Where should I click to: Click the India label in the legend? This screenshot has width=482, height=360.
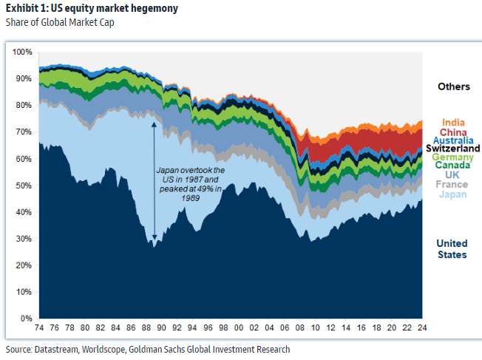tap(452, 123)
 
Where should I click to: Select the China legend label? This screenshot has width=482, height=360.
tap(452, 132)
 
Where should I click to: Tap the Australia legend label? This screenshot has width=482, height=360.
tap(452, 140)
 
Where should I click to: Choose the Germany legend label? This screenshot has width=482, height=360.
tap(452, 157)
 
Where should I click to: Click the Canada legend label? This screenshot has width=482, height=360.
tap(452, 166)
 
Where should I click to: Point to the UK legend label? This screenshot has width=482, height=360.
tap(452, 174)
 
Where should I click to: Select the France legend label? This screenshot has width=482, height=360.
tap(452, 184)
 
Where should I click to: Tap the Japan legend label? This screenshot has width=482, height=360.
tap(452, 194)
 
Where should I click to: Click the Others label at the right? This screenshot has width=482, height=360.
tap(453, 86)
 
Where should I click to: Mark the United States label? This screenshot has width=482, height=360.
tap(452, 249)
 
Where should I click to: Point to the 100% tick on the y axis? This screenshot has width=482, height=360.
tap(22, 52)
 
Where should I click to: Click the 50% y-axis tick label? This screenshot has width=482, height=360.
tap(24, 186)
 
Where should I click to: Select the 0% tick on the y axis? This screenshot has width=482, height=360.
tap(26, 319)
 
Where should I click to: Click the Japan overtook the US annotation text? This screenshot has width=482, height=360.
tap(190, 184)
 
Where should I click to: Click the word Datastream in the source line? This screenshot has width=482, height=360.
tap(56, 349)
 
